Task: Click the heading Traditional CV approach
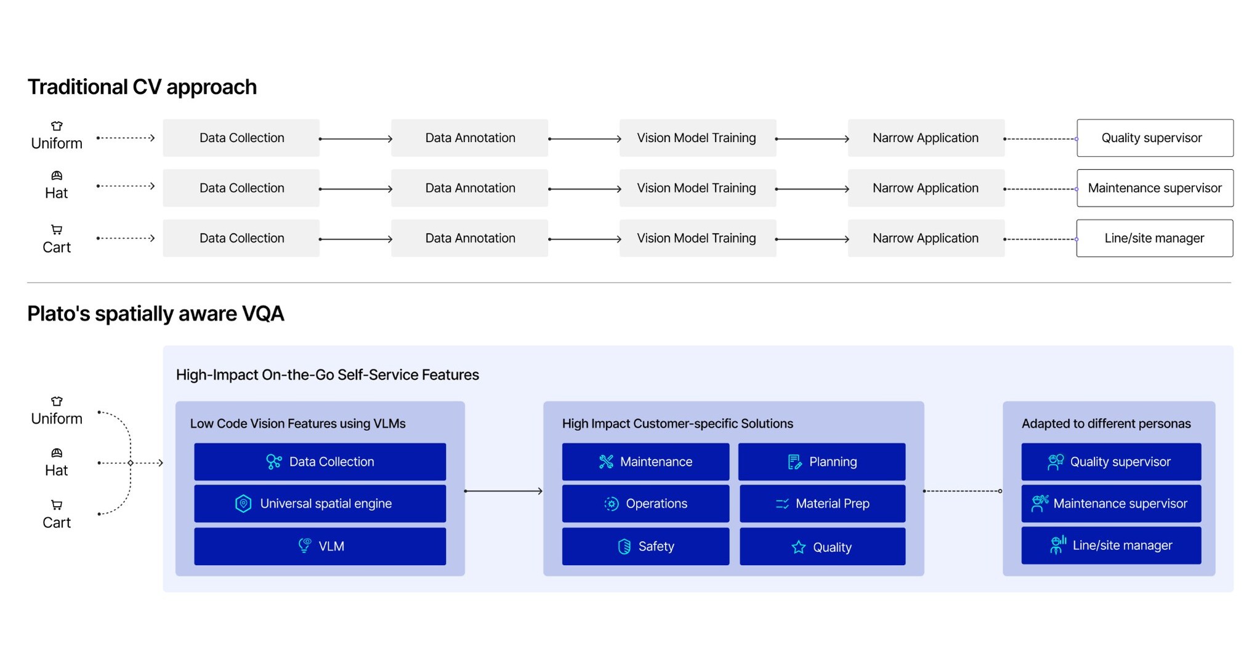pyautogui.click(x=142, y=87)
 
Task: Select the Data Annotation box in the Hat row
pyautogui.click(x=470, y=188)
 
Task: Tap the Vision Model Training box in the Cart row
pyautogui.click(x=698, y=238)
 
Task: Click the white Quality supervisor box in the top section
pyautogui.click(x=1155, y=138)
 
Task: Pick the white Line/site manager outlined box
pyautogui.click(x=1155, y=238)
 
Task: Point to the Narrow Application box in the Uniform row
pyautogui.click(x=926, y=138)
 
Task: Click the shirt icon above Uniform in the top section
pyautogui.click(x=57, y=126)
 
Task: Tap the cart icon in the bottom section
pyautogui.click(x=57, y=505)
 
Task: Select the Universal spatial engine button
pyautogui.click(x=320, y=504)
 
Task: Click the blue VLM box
pyautogui.click(x=320, y=546)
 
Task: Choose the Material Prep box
pyautogui.click(x=823, y=504)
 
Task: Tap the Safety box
pyautogui.click(x=645, y=546)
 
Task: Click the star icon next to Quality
pyautogui.click(x=799, y=547)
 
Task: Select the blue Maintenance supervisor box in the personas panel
pyautogui.click(x=1111, y=504)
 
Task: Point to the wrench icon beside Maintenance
pyautogui.click(x=607, y=462)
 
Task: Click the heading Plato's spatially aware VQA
pyautogui.click(x=156, y=314)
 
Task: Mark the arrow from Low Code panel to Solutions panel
pyautogui.click(x=504, y=491)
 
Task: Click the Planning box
pyautogui.click(x=822, y=462)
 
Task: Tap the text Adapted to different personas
pyautogui.click(x=1106, y=424)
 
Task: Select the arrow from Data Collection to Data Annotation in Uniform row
pyautogui.click(x=356, y=139)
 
